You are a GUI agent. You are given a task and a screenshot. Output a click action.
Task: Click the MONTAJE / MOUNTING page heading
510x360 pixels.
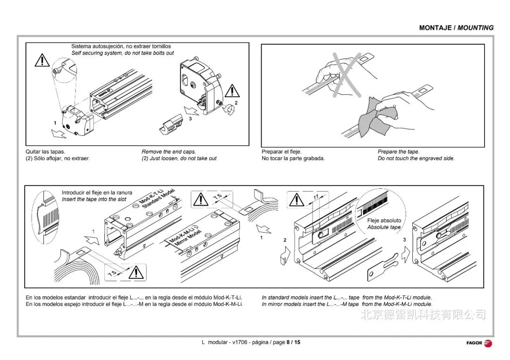(456, 28)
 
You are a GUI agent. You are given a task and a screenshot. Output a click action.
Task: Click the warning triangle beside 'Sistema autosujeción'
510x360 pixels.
(42, 60)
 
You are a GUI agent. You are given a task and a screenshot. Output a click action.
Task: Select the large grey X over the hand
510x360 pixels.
(348, 75)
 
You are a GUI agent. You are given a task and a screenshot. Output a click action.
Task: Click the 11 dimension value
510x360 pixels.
(315, 196)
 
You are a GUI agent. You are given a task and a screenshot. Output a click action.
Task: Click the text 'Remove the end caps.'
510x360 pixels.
(169, 152)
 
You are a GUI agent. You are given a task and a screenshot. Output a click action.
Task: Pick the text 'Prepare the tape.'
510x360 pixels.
(398, 152)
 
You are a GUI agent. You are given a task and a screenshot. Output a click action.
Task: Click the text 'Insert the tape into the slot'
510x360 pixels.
(94, 200)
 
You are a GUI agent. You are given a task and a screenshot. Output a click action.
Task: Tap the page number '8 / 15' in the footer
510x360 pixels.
(293, 342)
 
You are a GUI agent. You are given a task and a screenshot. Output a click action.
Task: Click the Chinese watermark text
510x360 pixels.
(423, 314)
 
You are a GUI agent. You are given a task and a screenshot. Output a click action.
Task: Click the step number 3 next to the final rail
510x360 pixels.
(404, 240)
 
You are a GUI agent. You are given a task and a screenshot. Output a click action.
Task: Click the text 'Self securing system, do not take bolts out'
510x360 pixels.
(122, 53)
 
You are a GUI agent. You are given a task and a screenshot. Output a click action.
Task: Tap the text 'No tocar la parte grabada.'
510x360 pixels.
(293, 159)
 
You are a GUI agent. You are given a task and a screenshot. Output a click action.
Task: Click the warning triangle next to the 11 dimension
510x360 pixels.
(296, 200)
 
